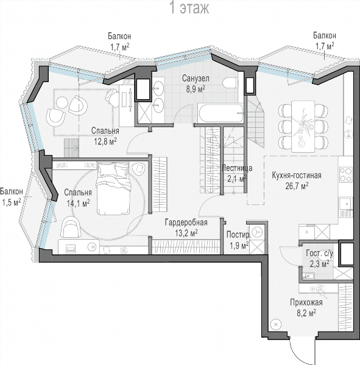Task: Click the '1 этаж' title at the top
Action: [190, 8]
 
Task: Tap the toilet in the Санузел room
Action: [230, 83]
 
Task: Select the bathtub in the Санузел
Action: [221, 113]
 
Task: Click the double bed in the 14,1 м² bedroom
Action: [113, 189]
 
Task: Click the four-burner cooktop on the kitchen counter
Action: [346, 175]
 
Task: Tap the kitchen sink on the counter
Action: [346, 204]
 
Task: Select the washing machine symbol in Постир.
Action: [257, 232]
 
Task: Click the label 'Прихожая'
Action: [306, 302]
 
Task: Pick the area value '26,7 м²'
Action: [297, 186]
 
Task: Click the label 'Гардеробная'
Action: [186, 222]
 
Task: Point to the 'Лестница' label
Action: [237, 168]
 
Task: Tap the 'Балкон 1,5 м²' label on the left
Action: [12, 196]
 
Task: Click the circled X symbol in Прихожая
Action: [276, 324]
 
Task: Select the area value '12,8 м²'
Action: [105, 141]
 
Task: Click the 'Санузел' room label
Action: [196, 78]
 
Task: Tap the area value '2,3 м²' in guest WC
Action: [319, 264]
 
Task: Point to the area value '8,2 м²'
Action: [306, 313]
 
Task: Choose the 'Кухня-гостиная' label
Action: [297, 175]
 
